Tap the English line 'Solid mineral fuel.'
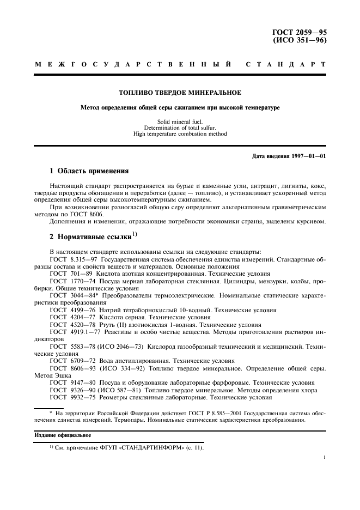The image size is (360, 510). [180, 122]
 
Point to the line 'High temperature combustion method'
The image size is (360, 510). [180, 134]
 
